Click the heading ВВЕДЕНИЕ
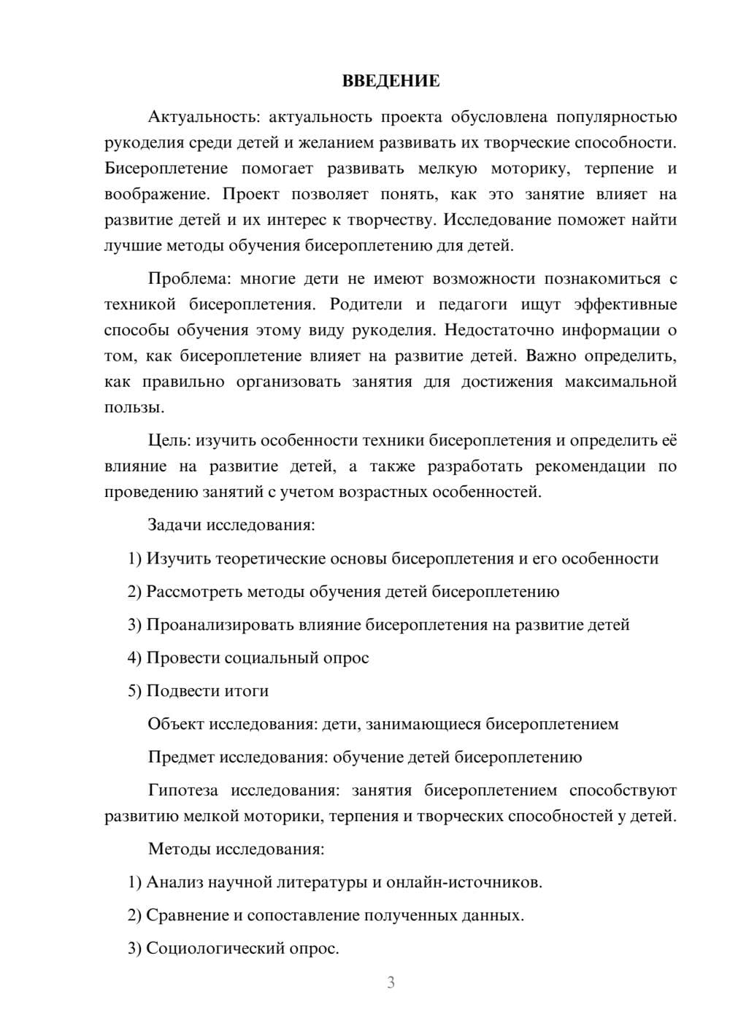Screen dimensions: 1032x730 (391, 81)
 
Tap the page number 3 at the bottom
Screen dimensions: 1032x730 (391, 982)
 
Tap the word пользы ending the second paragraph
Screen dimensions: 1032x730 (132, 407)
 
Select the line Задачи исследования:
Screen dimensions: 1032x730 (231, 525)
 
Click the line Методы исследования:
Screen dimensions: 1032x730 (236, 849)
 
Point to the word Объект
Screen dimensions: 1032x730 (176, 724)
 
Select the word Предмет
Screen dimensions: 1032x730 (181, 757)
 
